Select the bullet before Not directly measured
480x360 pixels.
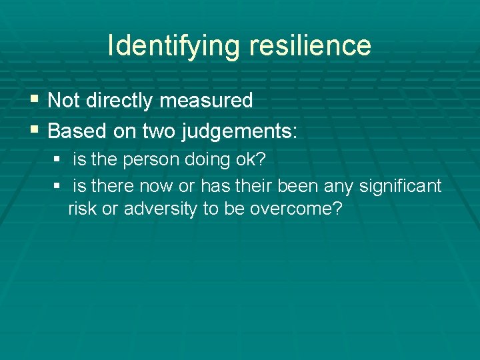coord(35,100)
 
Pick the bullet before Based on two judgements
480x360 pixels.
coord(35,130)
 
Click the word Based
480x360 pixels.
coord(75,131)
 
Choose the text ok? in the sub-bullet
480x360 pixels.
coord(257,161)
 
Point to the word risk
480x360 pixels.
coord(82,209)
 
